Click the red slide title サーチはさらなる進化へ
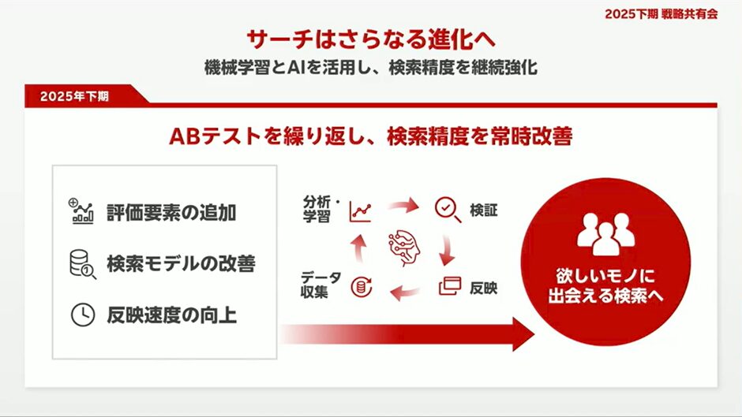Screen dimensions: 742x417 point(371,39)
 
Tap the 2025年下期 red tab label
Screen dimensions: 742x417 point(74,96)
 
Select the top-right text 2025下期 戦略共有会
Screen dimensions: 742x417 point(661,14)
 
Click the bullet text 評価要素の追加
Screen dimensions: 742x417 point(171,213)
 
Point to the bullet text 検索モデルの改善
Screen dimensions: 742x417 point(182,264)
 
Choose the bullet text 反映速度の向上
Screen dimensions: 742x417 point(171,315)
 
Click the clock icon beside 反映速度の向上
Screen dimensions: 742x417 point(82,315)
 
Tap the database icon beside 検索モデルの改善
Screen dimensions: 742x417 point(82,264)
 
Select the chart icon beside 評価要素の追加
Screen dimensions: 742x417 point(81,210)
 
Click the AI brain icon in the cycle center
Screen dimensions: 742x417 point(403,248)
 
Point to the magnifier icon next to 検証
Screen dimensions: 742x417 point(448,210)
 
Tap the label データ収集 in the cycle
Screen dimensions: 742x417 point(320,285)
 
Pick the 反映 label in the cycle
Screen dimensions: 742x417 point(483,288)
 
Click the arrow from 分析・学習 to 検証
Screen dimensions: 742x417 point(403,206)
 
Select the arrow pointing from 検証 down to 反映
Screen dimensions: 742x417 point(447,250)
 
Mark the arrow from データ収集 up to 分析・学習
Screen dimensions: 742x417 point(358,248)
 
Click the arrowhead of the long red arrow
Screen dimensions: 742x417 point(523,334)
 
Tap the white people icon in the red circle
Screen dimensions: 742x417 point(605,234)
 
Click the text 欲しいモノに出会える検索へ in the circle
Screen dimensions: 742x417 point(605,286)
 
